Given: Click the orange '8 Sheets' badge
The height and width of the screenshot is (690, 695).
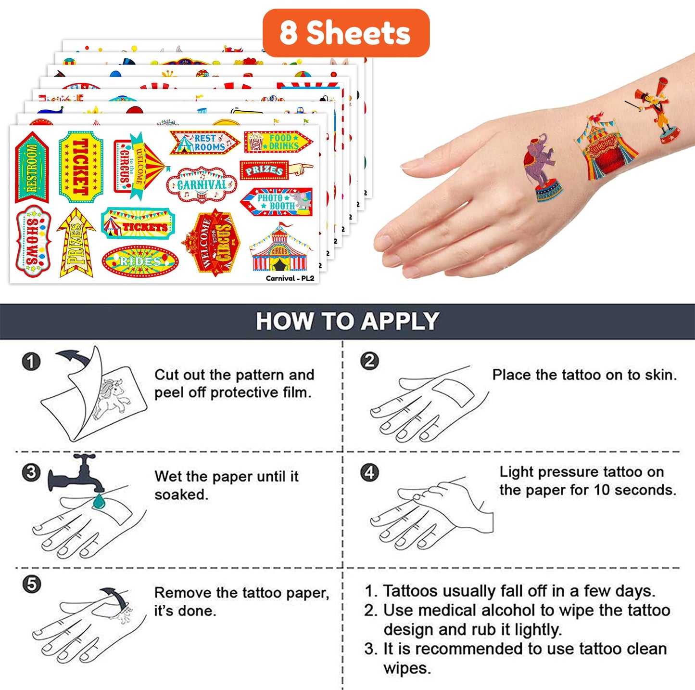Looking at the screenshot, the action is point(346,33).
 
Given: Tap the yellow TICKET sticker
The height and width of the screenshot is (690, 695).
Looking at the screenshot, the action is point(81,167).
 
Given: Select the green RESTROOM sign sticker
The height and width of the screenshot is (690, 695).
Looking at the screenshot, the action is point(32,167).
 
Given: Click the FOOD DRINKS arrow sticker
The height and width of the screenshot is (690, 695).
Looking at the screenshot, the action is point(278,142).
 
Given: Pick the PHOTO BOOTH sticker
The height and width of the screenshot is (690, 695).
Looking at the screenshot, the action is point(277,202).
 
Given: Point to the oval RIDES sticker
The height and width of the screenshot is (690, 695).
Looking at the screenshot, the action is point(140,261).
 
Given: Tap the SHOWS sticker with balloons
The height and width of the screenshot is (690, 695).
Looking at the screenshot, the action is point(33,241).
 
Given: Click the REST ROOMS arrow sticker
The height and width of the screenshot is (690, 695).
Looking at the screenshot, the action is point(204,143).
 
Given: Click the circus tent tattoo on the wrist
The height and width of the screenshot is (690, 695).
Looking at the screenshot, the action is point(605,146).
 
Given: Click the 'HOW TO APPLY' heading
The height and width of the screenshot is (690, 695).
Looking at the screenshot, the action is point(347,321).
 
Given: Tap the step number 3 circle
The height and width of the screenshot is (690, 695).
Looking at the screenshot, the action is point(31,472).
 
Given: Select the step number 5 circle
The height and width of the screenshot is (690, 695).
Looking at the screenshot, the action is point(31,584).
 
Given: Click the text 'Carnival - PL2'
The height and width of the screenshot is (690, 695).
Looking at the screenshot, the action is point(290,278).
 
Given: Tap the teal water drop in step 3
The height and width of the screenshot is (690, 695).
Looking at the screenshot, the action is point(98,502).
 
